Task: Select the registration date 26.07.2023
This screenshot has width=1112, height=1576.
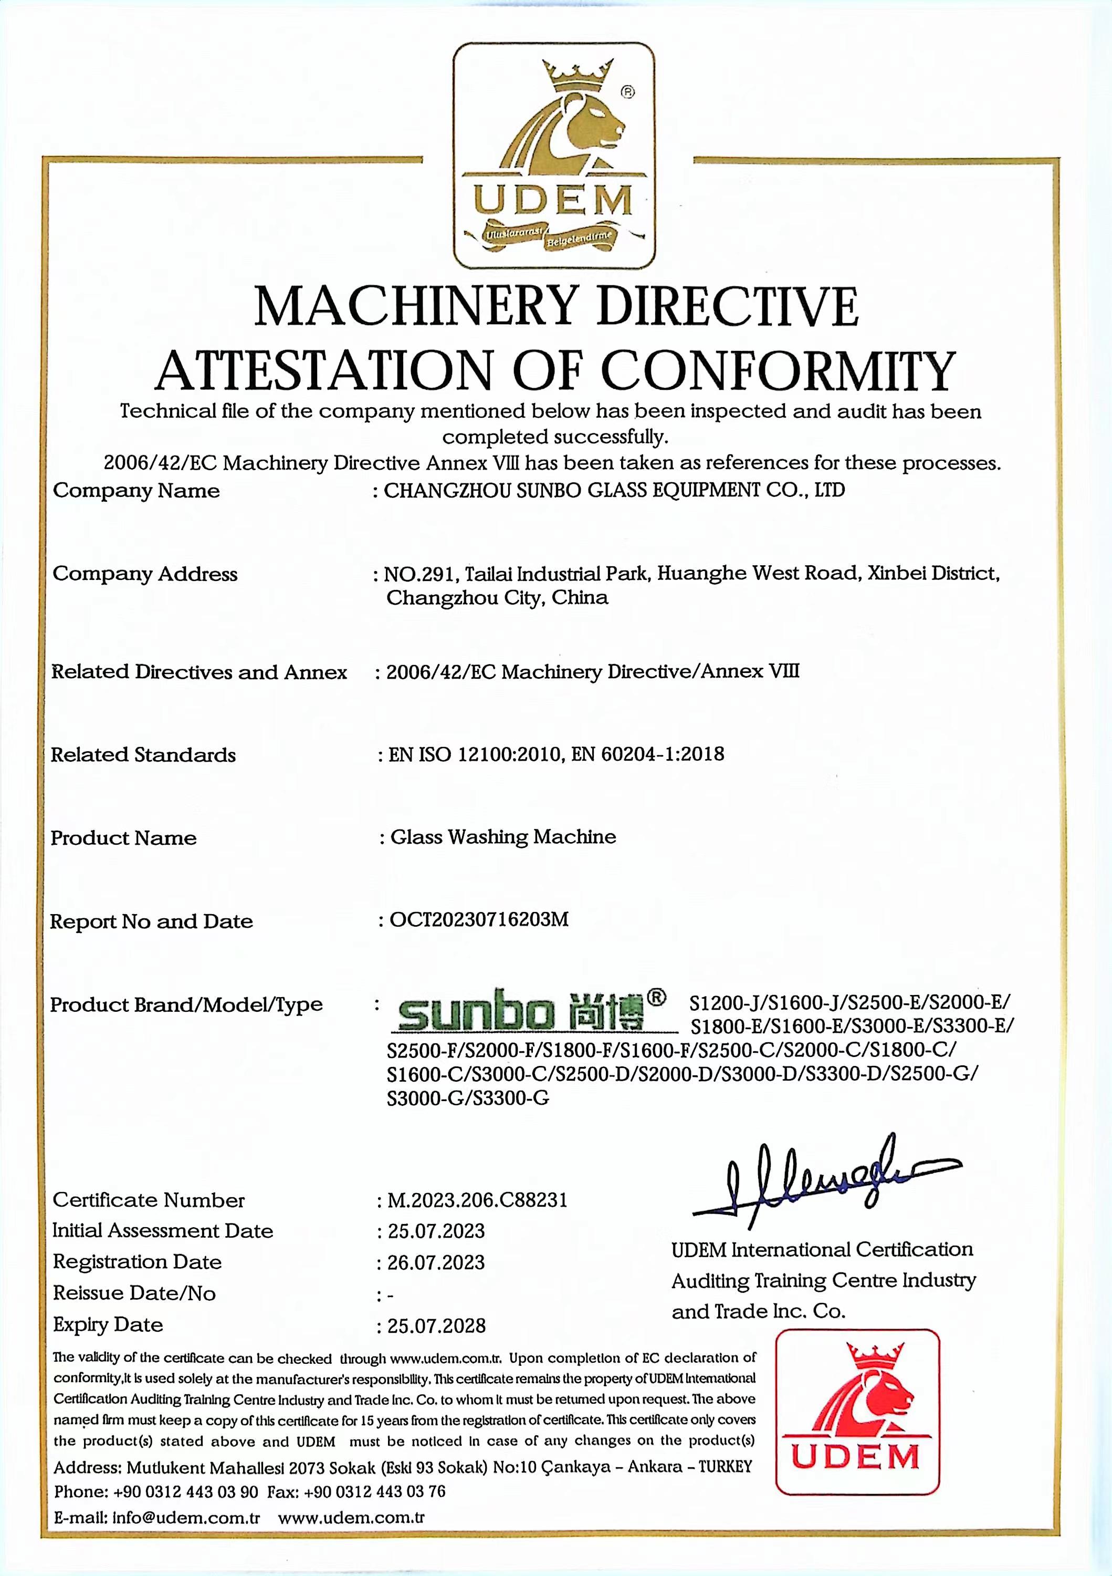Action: (x=436, y=1262)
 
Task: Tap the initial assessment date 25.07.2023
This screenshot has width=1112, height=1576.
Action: (x=436, y=1231)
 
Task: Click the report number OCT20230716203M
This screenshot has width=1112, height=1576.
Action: (x=479, y=920)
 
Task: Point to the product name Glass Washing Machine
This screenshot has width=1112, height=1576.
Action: (x=503, y=837)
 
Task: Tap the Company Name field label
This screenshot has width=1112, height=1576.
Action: (x=137, y=491)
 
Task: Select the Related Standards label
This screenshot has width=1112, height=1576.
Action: (x=143, y=755)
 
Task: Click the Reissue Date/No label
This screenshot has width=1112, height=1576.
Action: (x=134, y=1294)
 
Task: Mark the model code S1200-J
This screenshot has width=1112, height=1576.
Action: (x=725, y=1003)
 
